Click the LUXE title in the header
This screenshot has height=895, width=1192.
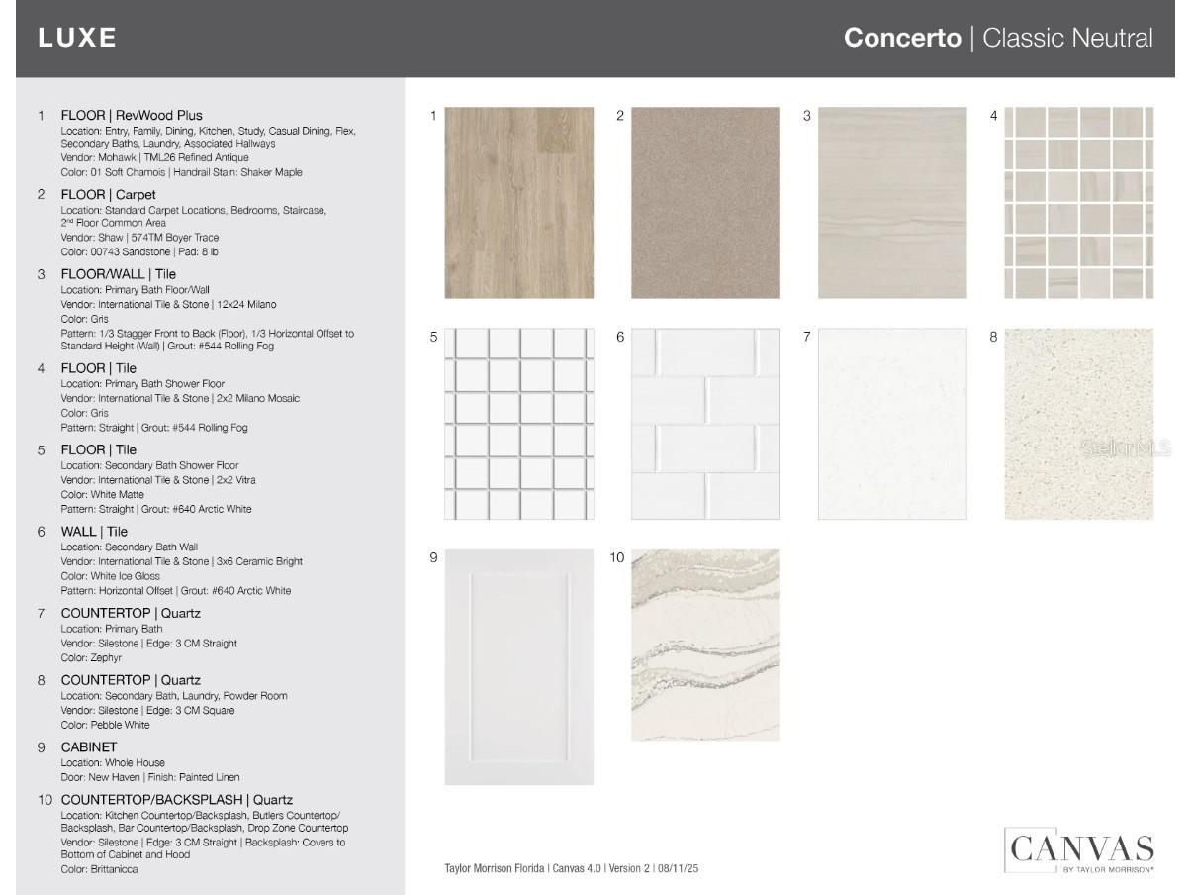point(77,38)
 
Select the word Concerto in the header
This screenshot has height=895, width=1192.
point(901,39)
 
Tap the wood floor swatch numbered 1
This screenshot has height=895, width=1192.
point(519,203)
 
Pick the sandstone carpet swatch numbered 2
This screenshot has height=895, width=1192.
point(705,203)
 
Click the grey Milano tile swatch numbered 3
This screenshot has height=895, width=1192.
point(892,203)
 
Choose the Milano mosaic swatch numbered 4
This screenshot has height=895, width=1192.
point(1078,203)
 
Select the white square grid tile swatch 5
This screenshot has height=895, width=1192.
point(519,424)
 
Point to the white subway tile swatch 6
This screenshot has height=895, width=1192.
point(705,424)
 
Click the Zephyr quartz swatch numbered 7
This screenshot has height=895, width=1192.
point(892,424)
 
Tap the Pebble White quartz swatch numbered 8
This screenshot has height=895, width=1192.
point(1078,424)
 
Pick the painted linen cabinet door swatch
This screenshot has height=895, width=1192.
point(519,667)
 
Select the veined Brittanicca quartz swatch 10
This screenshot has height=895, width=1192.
point(705,645)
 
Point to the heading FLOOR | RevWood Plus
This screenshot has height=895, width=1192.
point(132,115)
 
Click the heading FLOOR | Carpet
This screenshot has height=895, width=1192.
point(108,195)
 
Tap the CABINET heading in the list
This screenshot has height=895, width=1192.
point(89,747)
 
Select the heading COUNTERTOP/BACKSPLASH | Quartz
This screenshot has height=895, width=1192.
point(177,799)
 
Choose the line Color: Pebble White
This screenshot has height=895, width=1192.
point(105,725)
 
